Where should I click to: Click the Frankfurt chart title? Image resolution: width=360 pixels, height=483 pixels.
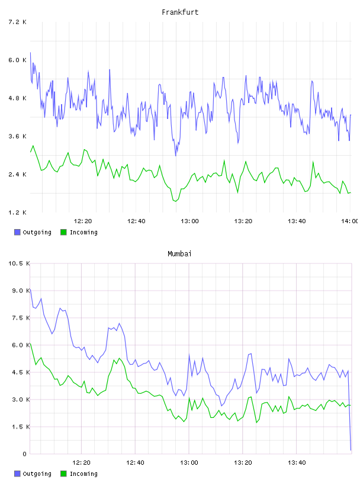pos(180,12)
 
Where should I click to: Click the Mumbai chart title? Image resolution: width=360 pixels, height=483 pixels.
pos(179,254)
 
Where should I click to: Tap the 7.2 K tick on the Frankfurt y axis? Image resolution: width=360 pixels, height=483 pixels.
pos(17,22)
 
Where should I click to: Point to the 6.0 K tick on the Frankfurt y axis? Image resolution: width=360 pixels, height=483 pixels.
pos(17,60)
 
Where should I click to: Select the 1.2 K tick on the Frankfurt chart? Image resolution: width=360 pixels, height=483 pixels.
pos(17,212)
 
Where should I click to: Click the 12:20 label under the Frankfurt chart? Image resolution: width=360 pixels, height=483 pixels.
pos(83,221)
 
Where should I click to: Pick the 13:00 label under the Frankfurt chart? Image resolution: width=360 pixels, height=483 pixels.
pos(189,221)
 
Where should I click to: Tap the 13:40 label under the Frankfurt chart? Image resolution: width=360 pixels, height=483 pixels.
pos(297,221)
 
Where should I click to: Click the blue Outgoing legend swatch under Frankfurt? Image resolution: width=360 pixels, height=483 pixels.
pos(17,232)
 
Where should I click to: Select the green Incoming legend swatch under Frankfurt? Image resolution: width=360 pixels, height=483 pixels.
pos(63,232)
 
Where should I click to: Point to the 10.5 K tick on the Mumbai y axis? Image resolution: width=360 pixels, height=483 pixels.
pos(19,263)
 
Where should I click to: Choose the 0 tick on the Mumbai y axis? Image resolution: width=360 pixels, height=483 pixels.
pos(24,454)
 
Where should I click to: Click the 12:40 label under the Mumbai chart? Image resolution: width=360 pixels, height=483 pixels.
pos(135,463)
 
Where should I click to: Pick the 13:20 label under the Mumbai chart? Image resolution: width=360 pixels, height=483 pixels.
pos(243,463)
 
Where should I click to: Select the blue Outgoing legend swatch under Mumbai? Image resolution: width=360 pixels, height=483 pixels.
pos(17,474)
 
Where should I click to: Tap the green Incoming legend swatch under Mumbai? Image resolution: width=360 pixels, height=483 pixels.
pos(63,474)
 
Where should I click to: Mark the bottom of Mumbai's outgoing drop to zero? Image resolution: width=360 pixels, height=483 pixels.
pos(351,450)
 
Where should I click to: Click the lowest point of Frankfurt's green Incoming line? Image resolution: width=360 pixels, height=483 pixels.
pos(175,201)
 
